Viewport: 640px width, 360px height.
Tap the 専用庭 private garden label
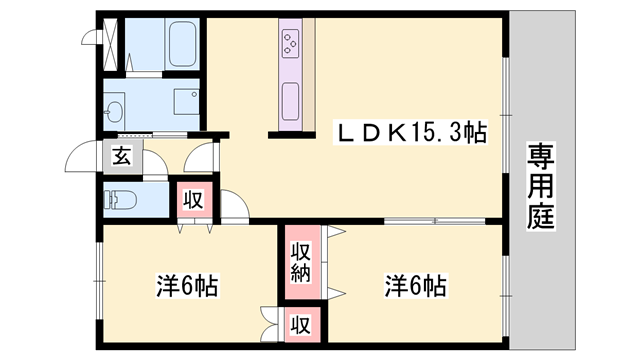[x=542, y=187]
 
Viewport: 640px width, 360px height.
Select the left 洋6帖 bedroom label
[x=186, y=285]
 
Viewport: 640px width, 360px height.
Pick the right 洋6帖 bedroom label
[x=415, y=285]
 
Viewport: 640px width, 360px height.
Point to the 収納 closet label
[x=300, y=261]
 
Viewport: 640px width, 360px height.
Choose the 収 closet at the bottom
[x=300, y=325]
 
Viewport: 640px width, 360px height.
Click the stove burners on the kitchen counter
[x=292, y=43]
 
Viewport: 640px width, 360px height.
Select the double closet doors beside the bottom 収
[x=269, y=321]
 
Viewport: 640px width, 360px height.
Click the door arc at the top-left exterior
[x=90, y=34]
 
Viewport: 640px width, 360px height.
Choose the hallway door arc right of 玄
[x=201, y=156]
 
